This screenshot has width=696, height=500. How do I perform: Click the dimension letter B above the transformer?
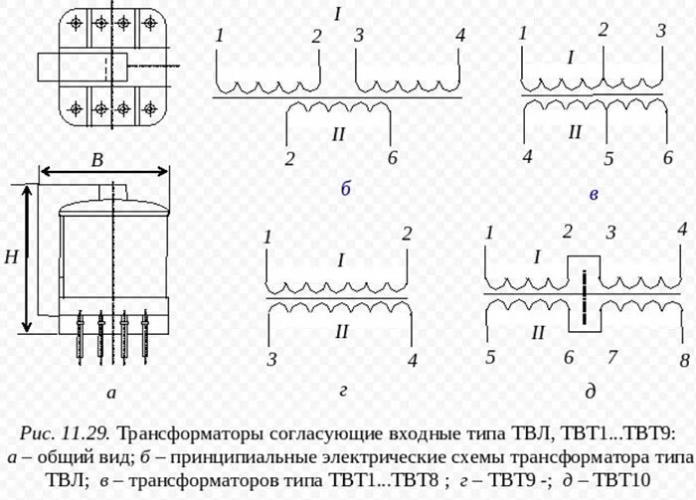tap(97, 160)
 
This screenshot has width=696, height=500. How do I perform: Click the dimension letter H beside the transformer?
tap(11, 257)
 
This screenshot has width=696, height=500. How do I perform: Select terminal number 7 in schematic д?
tap(612, 356)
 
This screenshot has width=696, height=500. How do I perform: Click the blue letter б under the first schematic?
tap(345, 189)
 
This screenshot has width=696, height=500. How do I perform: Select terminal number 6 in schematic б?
tap(393, 159)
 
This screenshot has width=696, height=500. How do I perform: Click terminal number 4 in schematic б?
tap(459, 36)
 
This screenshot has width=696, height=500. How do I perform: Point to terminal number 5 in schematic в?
tap(609, 158)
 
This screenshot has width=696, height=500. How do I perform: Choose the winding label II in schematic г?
tap(341, 331)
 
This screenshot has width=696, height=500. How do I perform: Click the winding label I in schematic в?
tap(571, 58)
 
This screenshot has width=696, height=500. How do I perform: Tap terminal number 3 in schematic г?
tap(270, 358)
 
